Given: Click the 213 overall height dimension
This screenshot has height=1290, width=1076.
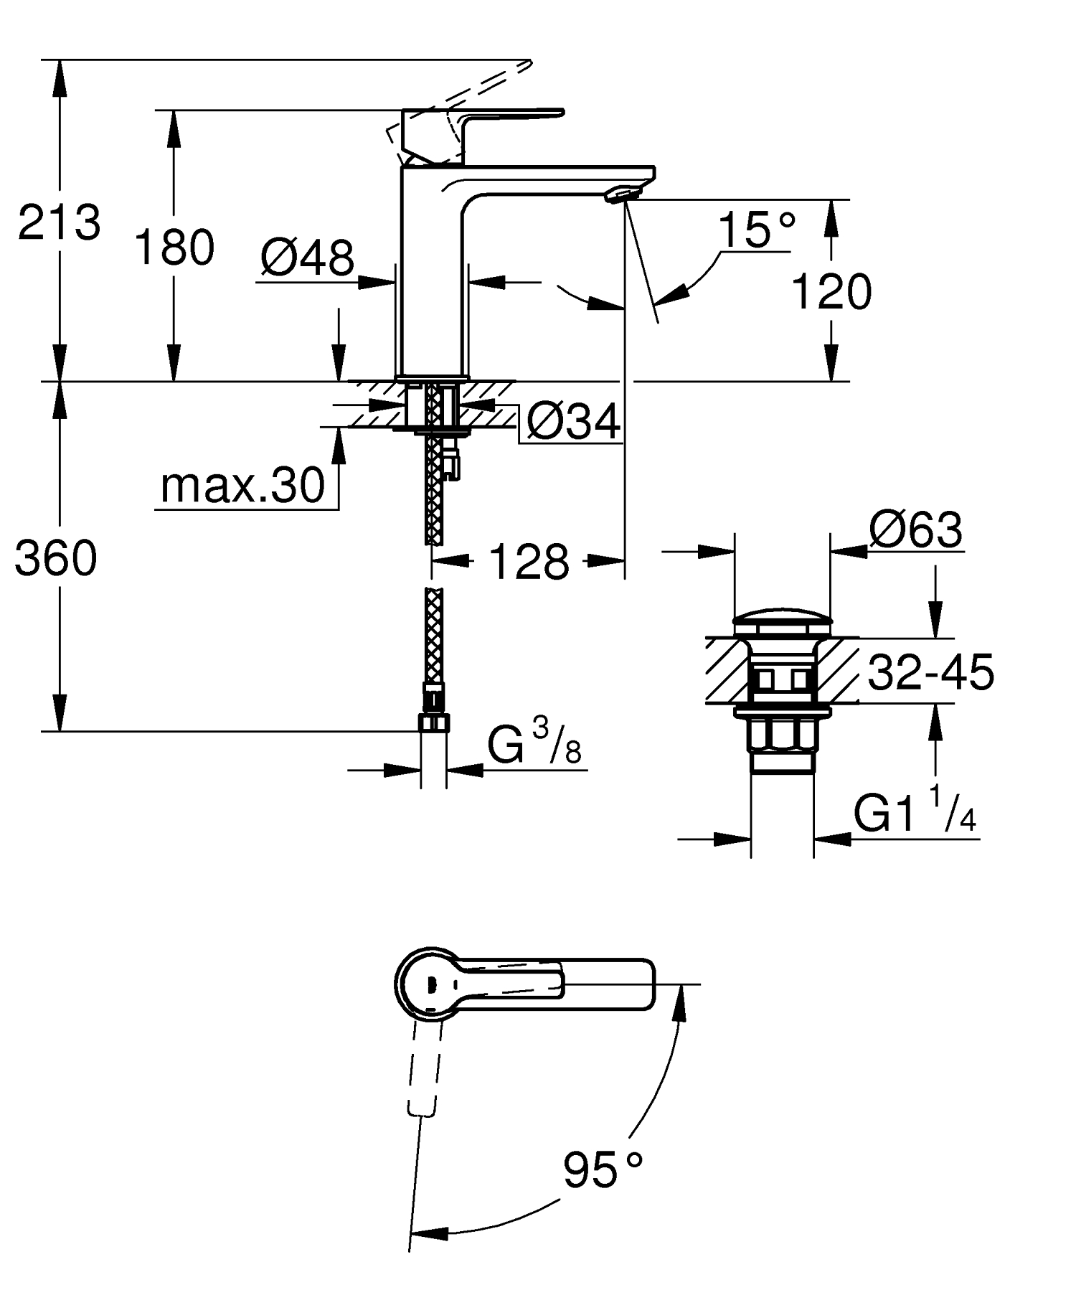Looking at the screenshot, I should click(59, 222).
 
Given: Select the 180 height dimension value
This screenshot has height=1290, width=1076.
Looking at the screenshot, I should click(174, 247).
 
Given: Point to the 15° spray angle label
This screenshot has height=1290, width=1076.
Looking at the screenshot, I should click(756, 230).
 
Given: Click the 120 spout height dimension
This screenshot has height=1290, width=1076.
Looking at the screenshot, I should click(831, 291).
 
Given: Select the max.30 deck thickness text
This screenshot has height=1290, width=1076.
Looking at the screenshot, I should click(242, 486).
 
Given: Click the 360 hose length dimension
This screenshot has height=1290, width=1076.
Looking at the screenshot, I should click(56, 558).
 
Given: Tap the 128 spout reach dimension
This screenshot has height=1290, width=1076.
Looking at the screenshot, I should click(529, 562).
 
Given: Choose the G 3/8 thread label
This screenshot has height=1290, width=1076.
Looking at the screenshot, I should click(534, 745).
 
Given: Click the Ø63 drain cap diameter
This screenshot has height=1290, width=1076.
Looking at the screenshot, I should click(915, 530).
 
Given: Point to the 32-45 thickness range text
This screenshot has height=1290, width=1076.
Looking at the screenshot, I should click(930, 673).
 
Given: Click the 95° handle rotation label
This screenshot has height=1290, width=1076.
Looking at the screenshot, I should click(601, 1170).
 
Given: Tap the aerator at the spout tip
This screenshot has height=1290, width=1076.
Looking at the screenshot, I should click(621, 194).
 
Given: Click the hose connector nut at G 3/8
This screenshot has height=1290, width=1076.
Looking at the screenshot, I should click(433, 721).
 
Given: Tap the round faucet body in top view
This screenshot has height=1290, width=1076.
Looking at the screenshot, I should click(429, 984).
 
